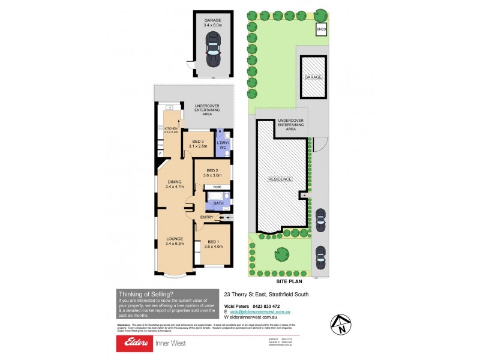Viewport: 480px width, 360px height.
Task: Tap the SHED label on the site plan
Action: pos(321,28)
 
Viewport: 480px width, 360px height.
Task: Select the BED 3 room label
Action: pos(197,143)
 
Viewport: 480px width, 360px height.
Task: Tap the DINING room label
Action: pos(175,184)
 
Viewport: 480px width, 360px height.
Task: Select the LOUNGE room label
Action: pos(175,241)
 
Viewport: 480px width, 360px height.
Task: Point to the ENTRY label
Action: pos(206,217)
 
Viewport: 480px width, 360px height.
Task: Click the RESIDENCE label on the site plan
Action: pos(280,179)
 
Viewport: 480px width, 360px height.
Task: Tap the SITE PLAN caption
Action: pos(289,280)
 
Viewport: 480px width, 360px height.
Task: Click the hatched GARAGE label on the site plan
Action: pos(313,78)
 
